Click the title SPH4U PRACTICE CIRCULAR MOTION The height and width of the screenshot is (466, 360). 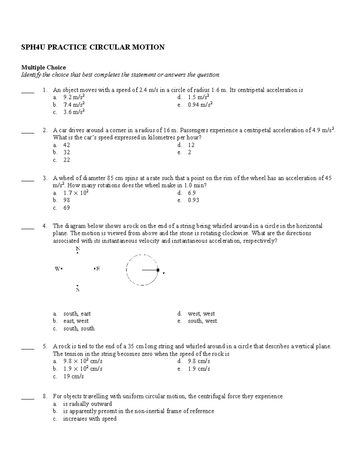coord(92,47)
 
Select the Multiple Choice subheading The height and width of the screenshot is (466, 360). coord(43,67)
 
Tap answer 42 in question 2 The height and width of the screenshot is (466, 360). coord(67,145)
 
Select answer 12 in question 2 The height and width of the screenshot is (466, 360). coord(191,145)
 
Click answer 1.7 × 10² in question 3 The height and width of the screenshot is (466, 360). coord(76,193)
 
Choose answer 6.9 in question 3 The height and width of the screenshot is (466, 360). coord(192,193)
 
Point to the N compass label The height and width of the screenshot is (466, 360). coord(78,249)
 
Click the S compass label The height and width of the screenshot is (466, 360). coord(78,290)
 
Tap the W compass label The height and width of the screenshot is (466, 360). coord(57,269)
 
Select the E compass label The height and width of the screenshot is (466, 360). coord(98,269)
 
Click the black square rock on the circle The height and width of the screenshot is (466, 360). coord(158,270)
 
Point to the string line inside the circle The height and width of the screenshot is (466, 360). coord(149,270)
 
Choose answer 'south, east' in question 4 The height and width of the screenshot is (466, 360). coord(77,314)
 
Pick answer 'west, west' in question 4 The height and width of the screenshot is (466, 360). coord(201,314)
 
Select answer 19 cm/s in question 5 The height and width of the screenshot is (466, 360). coord(73,376)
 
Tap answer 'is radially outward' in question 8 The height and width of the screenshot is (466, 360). coord(87,404)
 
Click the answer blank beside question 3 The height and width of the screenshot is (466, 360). coord(28,180)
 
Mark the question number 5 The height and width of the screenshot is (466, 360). coord(45,346)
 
